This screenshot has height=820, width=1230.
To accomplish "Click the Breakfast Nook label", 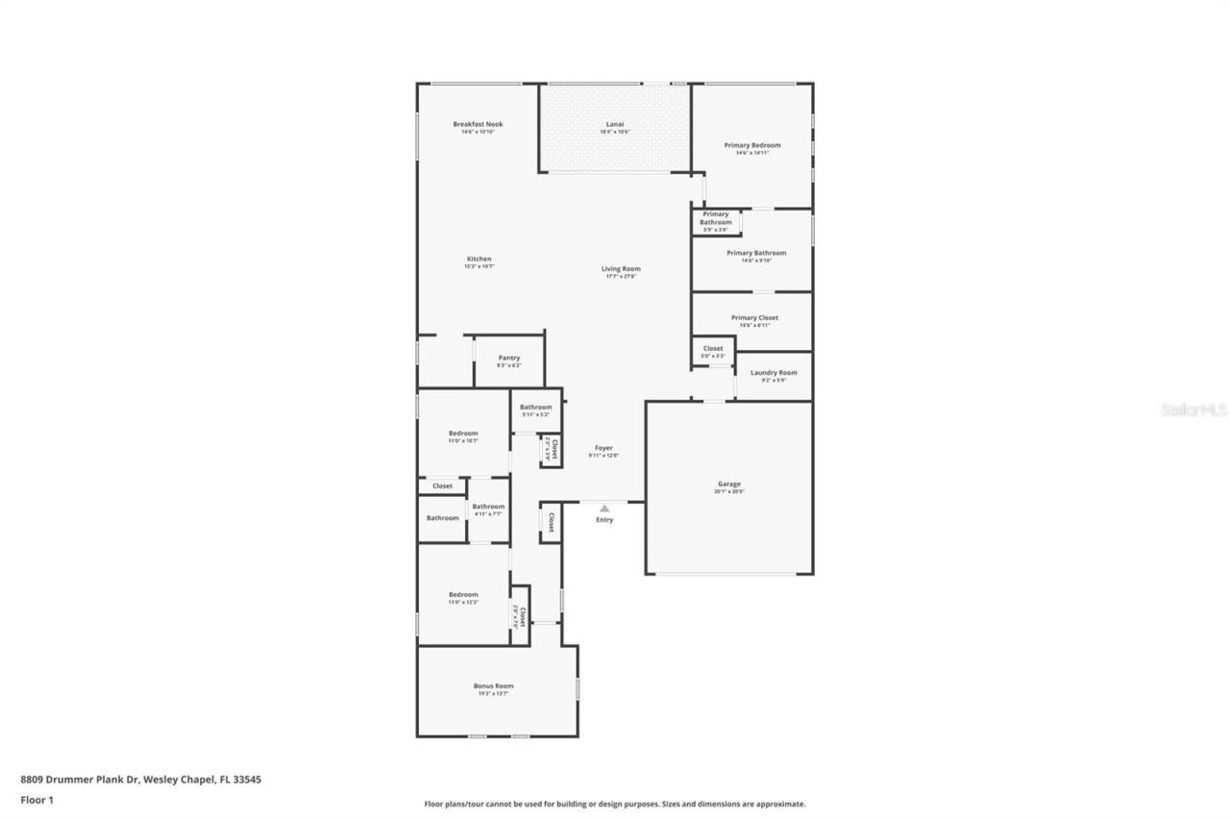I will coord(478,125).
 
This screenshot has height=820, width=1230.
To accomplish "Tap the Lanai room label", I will coord(614,125).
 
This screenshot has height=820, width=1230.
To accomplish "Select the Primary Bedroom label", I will coord(751,146).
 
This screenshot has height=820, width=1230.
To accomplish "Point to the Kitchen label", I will coord(479,260).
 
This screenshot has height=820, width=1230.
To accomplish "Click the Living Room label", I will coord(621,270).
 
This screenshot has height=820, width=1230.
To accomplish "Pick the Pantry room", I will coord(508,360).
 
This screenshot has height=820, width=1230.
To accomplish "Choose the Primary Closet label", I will coord(753,318).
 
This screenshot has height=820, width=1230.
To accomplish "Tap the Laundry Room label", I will coord(774,373).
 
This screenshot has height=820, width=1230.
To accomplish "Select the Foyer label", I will coord(603,449).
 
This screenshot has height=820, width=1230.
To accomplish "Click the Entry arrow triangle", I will coord(604,509).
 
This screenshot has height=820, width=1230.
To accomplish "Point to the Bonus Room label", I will coord(493,686).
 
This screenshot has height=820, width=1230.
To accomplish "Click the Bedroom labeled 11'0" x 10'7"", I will coord(462,435).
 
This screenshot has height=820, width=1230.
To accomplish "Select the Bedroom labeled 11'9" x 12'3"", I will coord(462,596).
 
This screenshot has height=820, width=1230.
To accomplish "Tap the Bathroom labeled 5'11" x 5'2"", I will coord(535,409).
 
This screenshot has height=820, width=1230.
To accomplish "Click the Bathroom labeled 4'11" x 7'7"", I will coord(488,508).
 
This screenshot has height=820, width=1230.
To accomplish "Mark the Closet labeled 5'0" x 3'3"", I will coord(712,350).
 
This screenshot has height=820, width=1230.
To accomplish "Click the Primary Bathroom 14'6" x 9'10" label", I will coord(755,254).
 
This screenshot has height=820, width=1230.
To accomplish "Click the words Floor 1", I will coord(37,799).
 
